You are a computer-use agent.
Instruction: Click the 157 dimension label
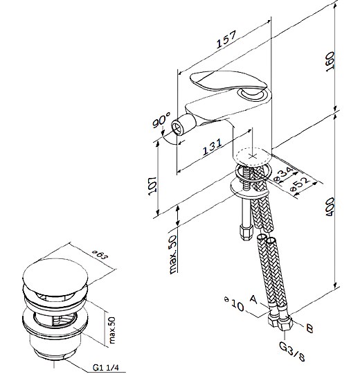tap(226, 39)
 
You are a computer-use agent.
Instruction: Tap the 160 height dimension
tap(331, 62)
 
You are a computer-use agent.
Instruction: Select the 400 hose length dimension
tap(330, 207)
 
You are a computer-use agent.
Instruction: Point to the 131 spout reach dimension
tap(212, 147)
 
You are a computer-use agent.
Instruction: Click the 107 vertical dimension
tap(152, 186)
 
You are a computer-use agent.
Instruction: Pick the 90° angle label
tap(162, 121)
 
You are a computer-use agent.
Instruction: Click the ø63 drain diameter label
tap(100, 255)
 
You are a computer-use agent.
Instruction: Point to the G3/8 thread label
tap(292, 353)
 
